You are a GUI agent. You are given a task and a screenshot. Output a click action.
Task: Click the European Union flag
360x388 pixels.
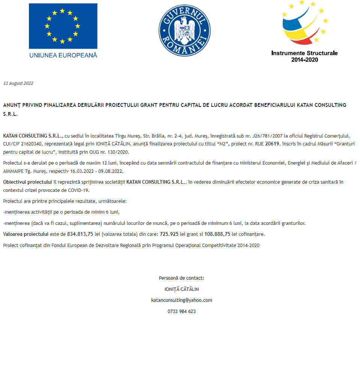(63, 26)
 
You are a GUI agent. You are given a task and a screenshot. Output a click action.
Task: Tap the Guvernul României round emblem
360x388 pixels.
(184, 30)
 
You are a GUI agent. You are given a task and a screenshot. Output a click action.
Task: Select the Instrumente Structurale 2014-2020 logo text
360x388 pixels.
(304, 56)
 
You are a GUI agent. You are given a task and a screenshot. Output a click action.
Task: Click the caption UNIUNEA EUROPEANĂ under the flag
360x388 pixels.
(63, 55)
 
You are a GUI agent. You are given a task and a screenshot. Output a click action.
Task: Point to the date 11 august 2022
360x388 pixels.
(18, 83)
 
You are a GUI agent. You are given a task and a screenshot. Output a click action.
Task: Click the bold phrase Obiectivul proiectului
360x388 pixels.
(27, 182)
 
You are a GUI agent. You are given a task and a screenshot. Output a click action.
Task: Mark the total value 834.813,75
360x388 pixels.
(80, 234)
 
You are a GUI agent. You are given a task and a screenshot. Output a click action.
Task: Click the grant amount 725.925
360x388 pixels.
(169, 234)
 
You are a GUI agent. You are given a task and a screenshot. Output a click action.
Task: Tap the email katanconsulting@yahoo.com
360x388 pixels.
(181, 300)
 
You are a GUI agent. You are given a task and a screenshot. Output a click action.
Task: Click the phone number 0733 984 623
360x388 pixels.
(181, 312)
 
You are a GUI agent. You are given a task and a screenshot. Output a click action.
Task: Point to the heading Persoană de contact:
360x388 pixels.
(181, 278)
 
